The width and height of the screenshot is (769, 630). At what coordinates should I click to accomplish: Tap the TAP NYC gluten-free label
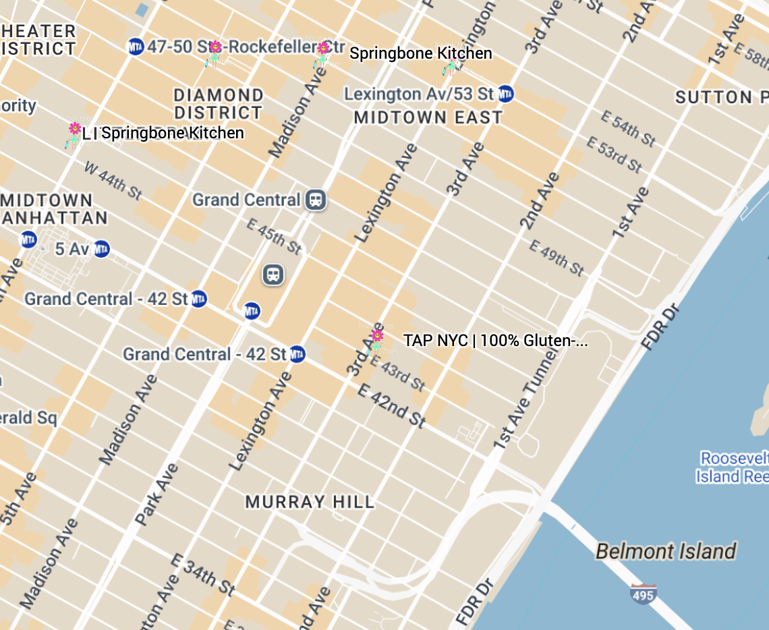click(495, 341)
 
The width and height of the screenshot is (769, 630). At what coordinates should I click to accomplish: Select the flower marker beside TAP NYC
click(376, 336)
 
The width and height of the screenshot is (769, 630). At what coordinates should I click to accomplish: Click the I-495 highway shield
click(643, 594)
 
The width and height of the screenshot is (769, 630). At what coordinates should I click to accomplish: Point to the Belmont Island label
click(665, 552)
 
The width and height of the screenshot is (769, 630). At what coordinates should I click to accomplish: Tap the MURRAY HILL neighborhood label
click(310, 502)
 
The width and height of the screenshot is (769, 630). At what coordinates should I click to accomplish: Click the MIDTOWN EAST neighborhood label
click(428, 117)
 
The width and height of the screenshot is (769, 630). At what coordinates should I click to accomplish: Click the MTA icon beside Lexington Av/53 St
click(506, 94)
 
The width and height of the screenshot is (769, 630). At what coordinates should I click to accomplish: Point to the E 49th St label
click(556, 258)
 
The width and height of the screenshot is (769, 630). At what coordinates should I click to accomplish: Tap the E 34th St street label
click(203, 575)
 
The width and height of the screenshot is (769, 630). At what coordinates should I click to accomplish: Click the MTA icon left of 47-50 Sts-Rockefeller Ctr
click(136, 47)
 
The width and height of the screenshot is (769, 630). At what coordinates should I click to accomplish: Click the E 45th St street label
click(273, 236)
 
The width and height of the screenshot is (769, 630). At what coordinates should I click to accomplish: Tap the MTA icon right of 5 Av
click(101, 249)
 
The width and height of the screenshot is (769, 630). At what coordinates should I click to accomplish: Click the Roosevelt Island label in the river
click(733, 467)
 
